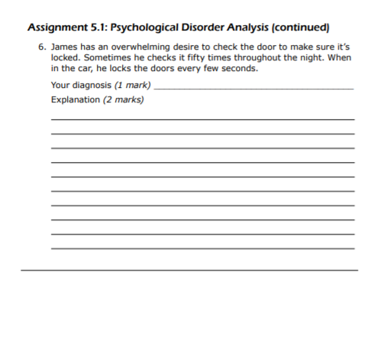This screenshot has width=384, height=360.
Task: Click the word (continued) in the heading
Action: tap(298, 28)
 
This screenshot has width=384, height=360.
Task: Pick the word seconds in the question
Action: tap(241, 68)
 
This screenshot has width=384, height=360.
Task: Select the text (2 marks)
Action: tap(124, 99)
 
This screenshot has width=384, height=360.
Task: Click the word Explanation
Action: tap(75, 99)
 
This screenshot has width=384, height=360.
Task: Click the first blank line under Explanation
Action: tap(202, 120)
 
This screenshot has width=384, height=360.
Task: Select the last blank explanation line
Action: tap(202, 248)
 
